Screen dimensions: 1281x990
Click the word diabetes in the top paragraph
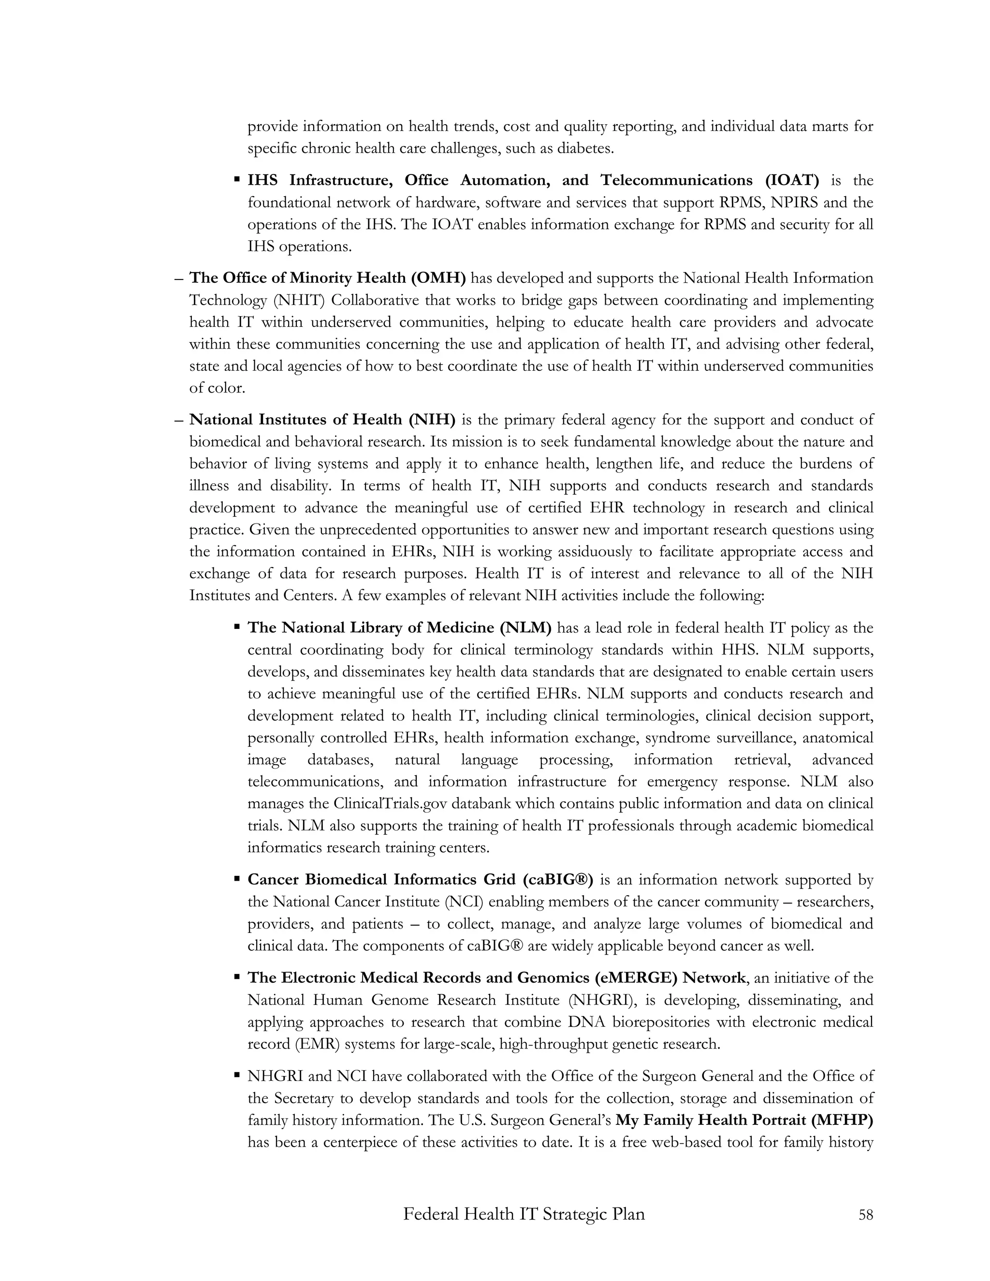coord(585,148)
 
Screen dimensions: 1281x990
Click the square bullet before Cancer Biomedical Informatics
coord(237,879)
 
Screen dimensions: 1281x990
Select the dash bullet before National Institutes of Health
coord(179,420)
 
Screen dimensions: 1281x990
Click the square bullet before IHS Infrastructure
coord(237,179)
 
